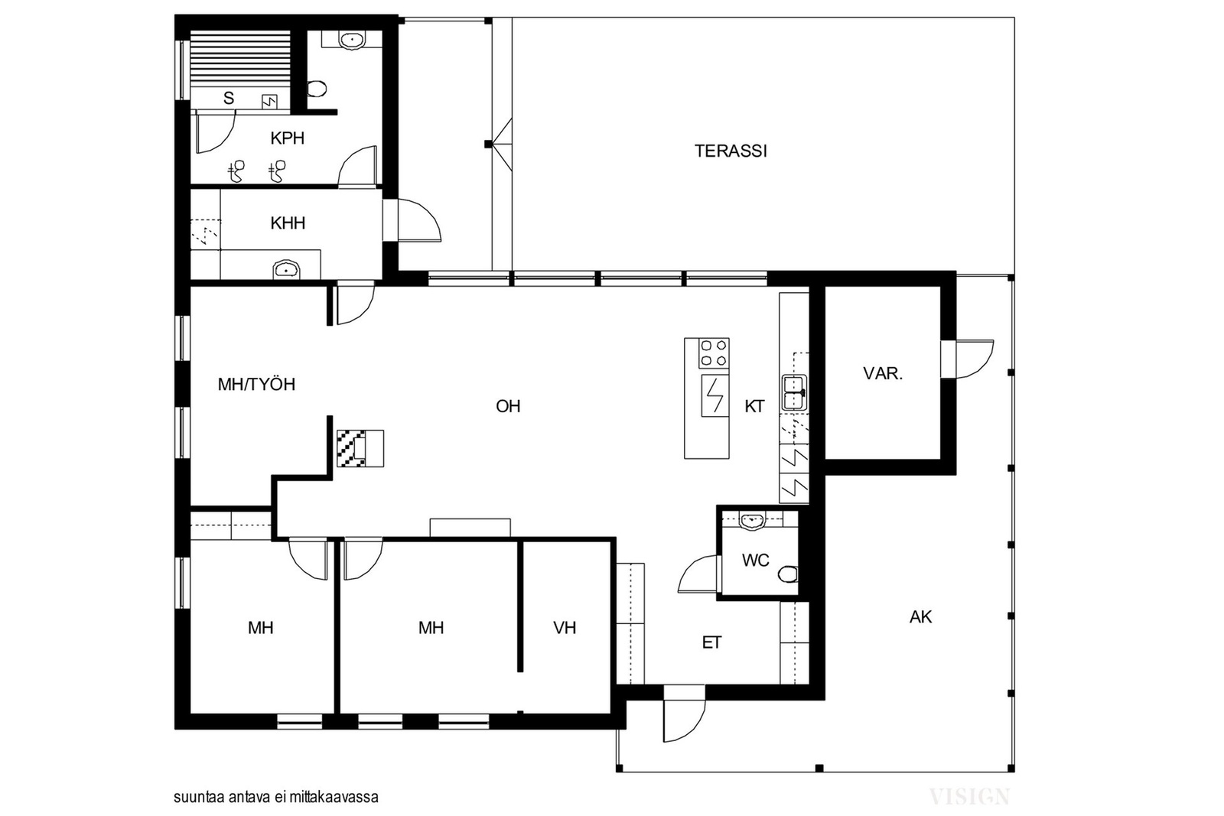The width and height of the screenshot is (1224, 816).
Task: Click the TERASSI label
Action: [x=731, y=151]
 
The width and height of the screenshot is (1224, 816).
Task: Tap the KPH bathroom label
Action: [x=288, y=138]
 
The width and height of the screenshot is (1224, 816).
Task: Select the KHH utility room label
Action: [x=288, y=223]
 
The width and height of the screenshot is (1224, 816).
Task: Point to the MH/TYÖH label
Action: [x=256, y=385]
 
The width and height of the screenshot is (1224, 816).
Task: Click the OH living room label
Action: [x=508, y=406]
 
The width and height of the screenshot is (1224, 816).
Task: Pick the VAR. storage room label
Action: [x=883, y=374]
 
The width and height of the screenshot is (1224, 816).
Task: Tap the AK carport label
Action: [x=921, y=617]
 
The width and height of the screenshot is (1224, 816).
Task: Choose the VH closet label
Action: [x=565, y=628]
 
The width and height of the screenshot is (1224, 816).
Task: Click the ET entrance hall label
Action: [x=711, y=643]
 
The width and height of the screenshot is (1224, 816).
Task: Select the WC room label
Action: [x=756, y=560]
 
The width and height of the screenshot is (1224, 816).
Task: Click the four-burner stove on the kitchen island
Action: [x=714, y=353]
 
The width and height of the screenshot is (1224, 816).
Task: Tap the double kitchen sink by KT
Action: [x=796, y=393]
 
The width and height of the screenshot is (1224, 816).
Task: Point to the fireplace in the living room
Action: [x=360, y=448]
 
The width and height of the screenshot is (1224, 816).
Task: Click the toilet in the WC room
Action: [x=788, y=574]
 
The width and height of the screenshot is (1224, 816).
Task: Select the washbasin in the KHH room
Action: [x=287, y=269]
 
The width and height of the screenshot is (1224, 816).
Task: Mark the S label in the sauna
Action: [x=229, y=99]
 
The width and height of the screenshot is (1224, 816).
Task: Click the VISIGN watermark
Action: [x=969, y=797]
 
